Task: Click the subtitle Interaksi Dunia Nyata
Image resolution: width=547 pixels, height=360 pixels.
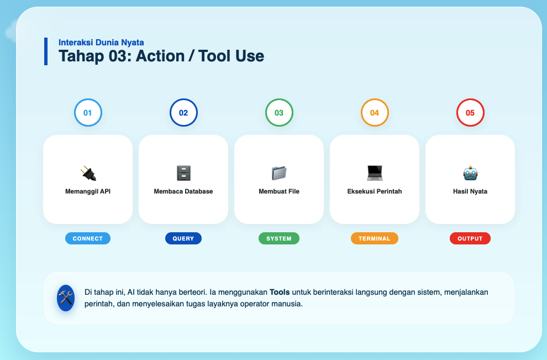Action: pos(101,43)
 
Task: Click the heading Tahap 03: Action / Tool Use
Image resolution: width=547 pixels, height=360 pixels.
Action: pos(161,56)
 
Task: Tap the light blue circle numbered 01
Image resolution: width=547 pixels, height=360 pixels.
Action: pos(88,112)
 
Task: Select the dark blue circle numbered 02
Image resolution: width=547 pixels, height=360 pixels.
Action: pos(183,112)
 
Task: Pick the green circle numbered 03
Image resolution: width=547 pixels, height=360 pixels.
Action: pos(279,112)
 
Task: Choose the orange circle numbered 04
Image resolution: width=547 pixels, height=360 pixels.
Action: pos(375,112)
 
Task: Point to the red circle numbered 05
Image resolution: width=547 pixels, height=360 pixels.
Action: pos(470,112)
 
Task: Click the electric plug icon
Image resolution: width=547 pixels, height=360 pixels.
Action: pos(88,173)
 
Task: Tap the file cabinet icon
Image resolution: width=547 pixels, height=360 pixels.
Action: pos(183,173)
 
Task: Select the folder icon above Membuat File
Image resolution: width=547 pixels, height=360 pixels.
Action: pos(279,173)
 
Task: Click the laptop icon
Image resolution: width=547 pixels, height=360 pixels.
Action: pos(375,173)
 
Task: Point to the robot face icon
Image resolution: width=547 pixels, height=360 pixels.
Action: pos(470,173)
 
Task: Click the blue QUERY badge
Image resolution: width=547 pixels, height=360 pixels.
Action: pos(183,238)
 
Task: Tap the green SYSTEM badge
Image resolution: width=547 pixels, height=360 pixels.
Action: pos(279,238)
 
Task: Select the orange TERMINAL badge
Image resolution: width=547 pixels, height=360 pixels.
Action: pos(375,238)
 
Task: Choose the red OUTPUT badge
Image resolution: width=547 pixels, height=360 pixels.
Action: pos(470,238)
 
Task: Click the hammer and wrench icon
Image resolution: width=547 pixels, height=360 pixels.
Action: pos(66,298)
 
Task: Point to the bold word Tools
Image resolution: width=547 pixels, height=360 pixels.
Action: pos(280,292)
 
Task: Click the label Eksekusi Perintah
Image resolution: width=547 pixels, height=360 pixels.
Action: pos(375,191)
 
